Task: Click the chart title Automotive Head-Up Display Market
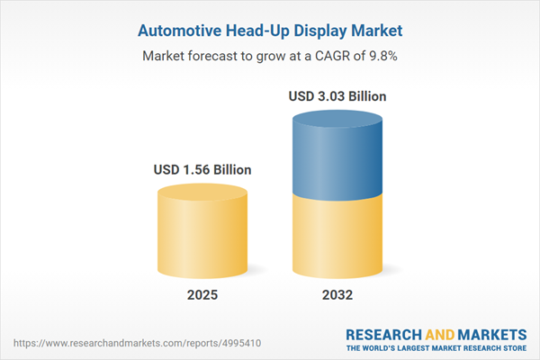[x=270, y=31]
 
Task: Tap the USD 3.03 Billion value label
[x=337, y=95]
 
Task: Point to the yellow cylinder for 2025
[x=202, y=234]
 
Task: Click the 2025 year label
[x=202, y=295]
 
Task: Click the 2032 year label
[x=337, y=295]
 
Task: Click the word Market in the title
[x=375, y=31]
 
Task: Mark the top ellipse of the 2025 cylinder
[x=202, y=193]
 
